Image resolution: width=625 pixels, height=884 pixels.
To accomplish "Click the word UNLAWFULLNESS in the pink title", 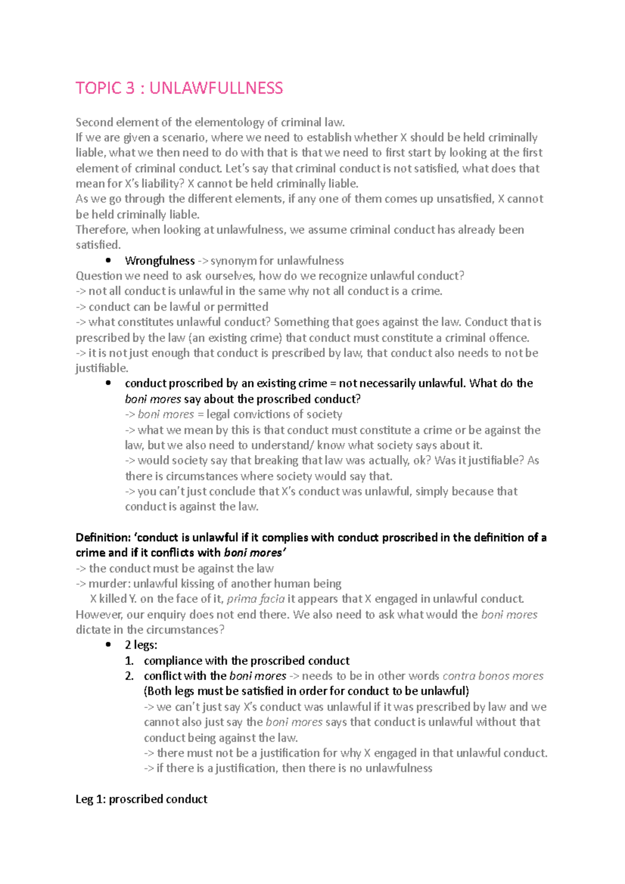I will tap(216, 88).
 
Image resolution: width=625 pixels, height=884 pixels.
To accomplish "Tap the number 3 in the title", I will tap(130, 88).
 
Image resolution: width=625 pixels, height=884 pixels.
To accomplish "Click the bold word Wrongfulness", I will tap(159, 261).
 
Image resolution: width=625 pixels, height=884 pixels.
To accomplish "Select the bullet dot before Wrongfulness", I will tap(108, 260).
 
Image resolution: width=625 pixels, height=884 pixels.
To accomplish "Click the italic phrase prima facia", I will tap(256, 599).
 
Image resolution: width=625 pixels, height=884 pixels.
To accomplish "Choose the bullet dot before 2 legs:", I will tap(108, 645).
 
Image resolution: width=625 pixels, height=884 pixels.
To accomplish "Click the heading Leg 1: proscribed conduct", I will tap(141, 799).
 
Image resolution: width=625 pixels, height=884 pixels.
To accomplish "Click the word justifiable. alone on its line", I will tap(102, 369).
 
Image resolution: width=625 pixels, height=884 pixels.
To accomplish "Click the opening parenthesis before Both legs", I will tap(146, 691).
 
